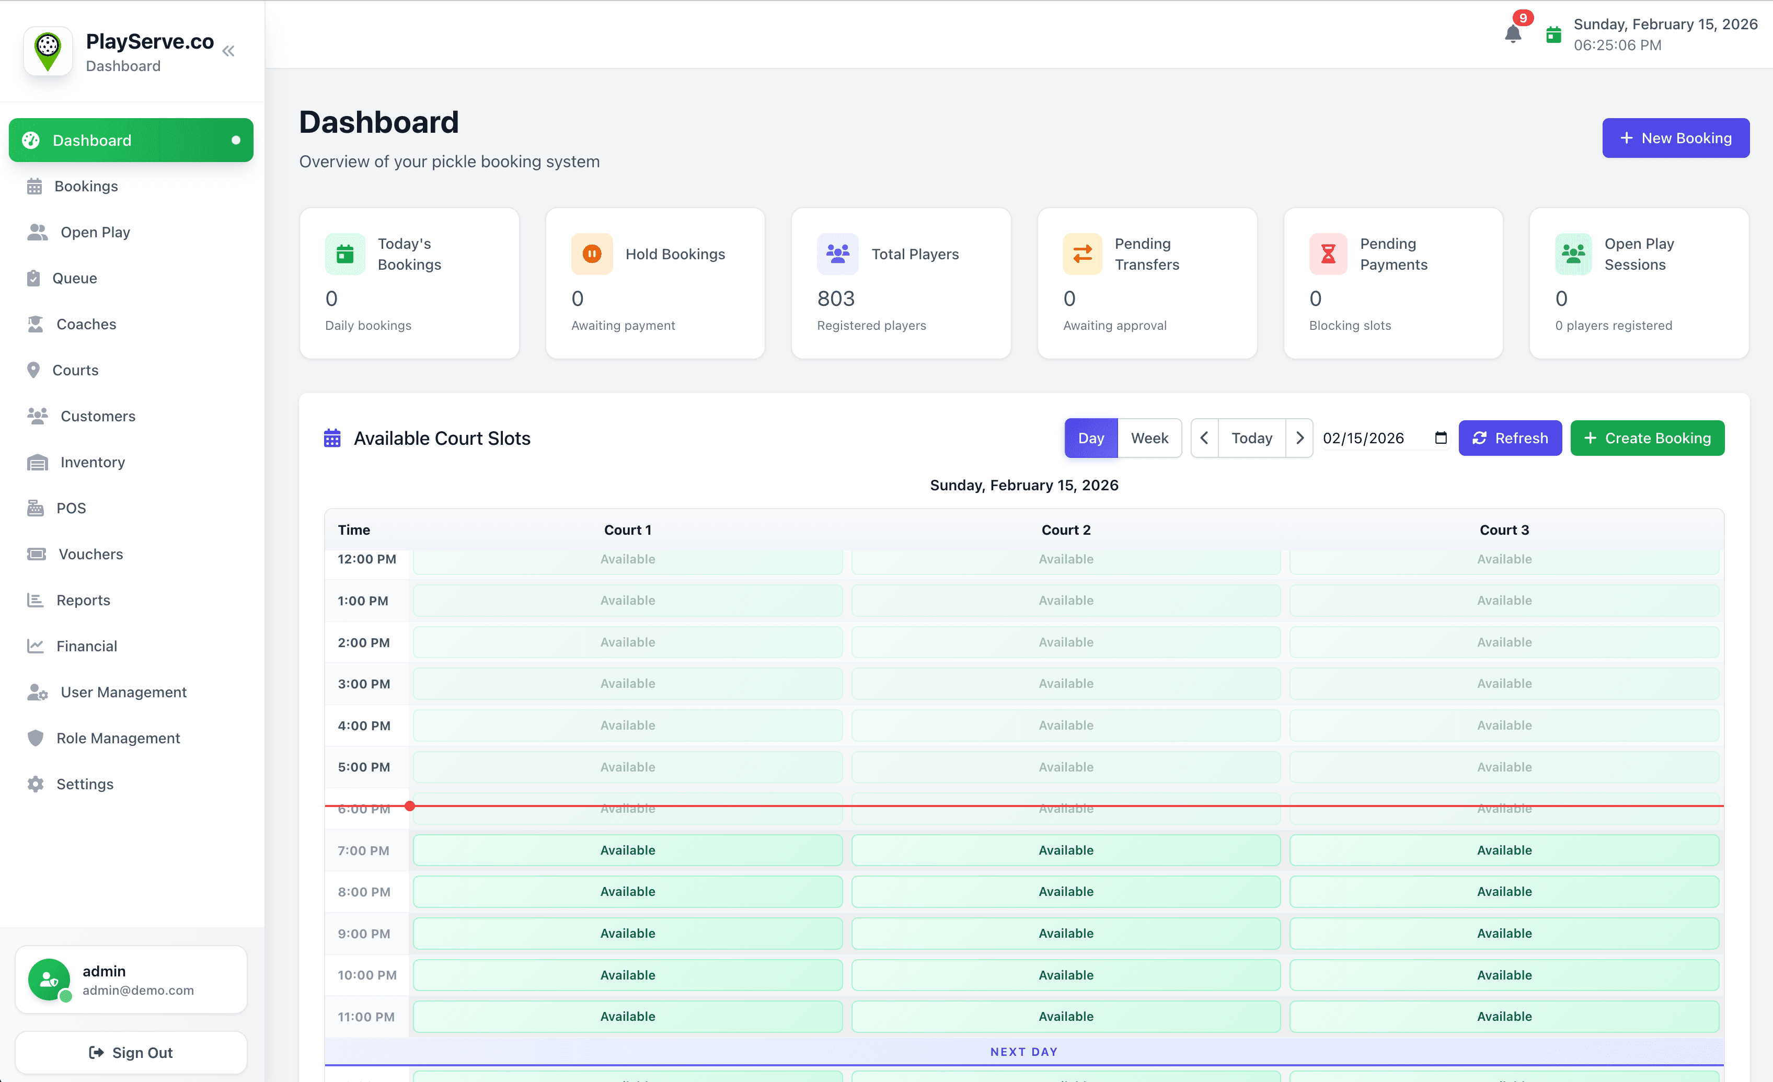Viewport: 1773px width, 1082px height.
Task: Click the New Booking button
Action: (1675, 138)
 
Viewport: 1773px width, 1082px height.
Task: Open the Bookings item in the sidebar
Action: (86, 186)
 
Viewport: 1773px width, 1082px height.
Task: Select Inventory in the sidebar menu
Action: (92, 462)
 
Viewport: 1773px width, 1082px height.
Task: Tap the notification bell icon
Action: (1513, 34)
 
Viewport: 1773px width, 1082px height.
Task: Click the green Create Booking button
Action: (1647, 438)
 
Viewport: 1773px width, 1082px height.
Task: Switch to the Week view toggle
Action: (1149, 438)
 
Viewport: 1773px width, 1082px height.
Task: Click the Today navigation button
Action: (1251, 438)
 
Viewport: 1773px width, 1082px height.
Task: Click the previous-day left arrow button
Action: (1204, 438)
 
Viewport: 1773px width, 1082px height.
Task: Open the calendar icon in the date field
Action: (1441, 438)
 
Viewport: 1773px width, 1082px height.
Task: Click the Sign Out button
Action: (131, 1053)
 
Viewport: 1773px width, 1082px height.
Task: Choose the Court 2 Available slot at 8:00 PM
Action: (1066, 891)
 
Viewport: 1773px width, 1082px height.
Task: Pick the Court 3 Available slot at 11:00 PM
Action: (1504, 1017)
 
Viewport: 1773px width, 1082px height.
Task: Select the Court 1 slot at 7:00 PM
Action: (627, 850)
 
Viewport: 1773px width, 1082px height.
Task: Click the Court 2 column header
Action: (1066, 530)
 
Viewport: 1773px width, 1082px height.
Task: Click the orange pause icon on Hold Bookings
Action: (592, 254)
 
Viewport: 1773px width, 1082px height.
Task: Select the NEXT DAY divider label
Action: (1023, 1052)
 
